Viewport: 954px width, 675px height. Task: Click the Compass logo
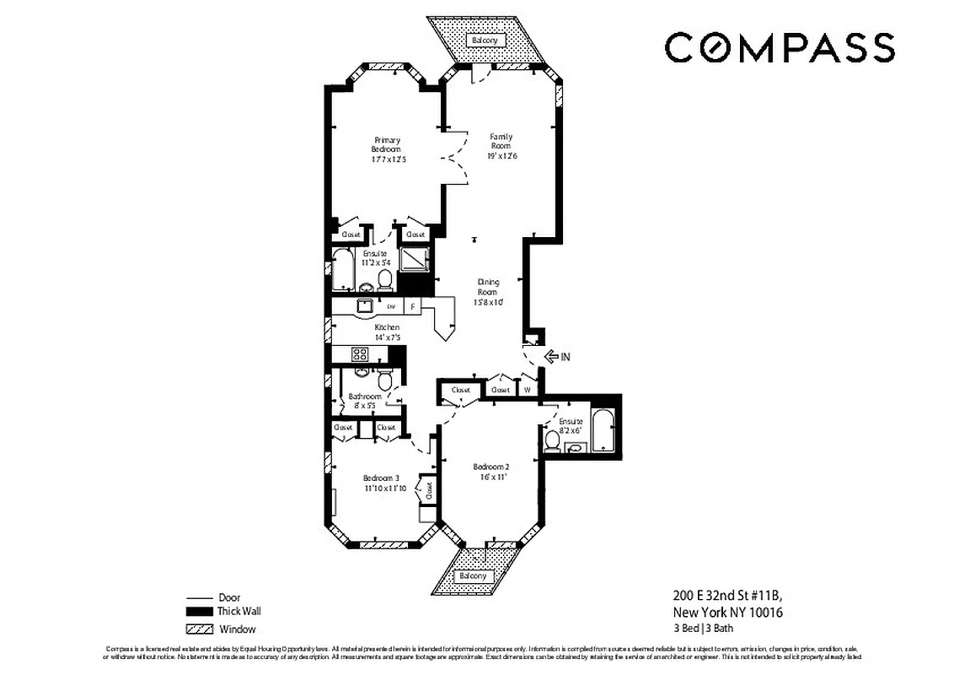coord(779,47)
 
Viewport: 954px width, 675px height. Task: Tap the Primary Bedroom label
coord(387,144)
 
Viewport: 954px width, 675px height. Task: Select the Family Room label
coord(501,141)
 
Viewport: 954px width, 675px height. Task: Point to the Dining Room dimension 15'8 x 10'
coord(488,301)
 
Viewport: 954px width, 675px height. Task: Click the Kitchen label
coord(388,327)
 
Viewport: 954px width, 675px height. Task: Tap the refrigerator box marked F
coord(413,306)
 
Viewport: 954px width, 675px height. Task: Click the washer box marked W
coord(528,390)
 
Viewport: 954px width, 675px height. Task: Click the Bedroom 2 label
coord(490,467)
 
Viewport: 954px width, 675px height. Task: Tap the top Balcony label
coord(485,40)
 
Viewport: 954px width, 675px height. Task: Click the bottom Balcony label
coord(472,576)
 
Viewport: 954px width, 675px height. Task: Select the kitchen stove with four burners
coord(358,354)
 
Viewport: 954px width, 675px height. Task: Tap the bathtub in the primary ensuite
coord(343,270)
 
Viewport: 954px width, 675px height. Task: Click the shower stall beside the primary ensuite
coord(413,258)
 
